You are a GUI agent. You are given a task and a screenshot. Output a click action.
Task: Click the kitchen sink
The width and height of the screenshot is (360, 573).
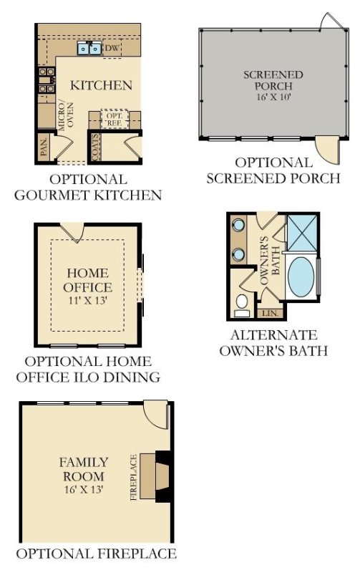click(89, 49)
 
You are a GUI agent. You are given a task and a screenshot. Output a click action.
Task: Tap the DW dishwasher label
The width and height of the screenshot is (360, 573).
click(112, 48)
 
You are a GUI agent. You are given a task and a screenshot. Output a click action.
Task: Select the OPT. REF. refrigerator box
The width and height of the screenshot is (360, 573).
click(114, 119)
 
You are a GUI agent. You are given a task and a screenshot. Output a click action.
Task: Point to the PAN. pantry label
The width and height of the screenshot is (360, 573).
click(44, 147)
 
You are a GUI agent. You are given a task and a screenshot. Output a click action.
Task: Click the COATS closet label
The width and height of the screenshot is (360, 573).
click(95, 147)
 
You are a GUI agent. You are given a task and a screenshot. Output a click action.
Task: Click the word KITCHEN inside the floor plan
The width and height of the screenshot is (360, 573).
click(101, 85)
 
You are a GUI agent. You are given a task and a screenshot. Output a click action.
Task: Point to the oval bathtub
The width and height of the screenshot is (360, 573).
click(300, 281)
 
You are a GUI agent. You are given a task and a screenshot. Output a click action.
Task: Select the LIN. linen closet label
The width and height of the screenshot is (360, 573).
click(270, 313)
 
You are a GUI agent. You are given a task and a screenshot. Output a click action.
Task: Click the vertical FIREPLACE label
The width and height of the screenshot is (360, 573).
click(133, 476)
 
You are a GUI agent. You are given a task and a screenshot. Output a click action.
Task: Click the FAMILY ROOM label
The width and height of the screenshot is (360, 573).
click(84, 469)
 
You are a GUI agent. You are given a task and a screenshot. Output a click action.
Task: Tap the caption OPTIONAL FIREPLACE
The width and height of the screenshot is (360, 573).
click(96, 554)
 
